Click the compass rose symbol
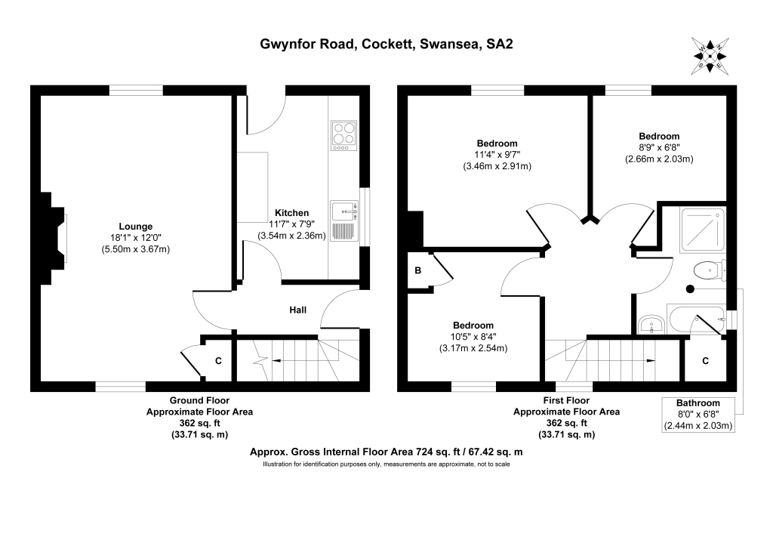(710, 57)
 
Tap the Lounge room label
(136, 226)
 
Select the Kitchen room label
(291, 213)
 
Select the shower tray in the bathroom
(701, 229)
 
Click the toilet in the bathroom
(710, 269)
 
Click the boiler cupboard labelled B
(417, 272)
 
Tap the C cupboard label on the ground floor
(218, 361)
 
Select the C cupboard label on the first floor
(706, 361)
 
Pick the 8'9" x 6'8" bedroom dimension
(658, 148)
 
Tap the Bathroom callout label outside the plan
(698, 403)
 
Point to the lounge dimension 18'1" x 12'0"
(136, 237)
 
